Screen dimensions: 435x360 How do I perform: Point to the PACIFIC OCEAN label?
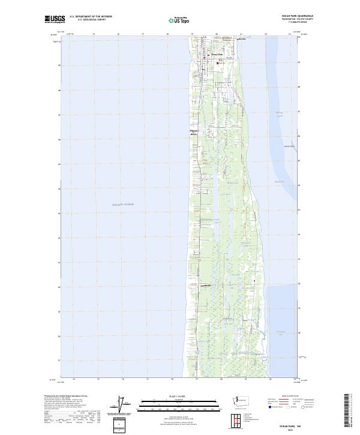[x=123, y=205]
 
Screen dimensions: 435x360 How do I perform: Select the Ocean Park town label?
[x=217, y=55]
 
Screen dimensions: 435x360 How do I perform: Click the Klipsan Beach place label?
[x=194, y=133]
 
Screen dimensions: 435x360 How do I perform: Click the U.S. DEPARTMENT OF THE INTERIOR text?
[x=91, y=17]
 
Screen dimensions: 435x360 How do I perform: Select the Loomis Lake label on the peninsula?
[x=233, y=182]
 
